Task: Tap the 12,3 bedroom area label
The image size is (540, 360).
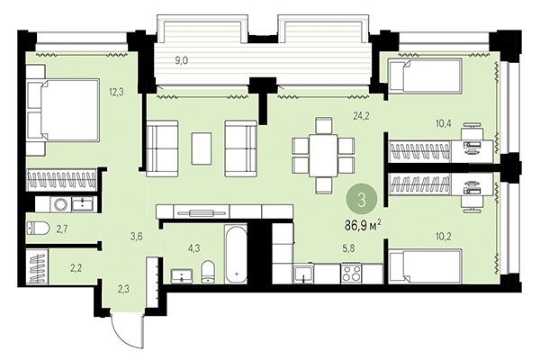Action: coord(116,90)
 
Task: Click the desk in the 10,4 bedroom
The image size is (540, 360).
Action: coord(476,139)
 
